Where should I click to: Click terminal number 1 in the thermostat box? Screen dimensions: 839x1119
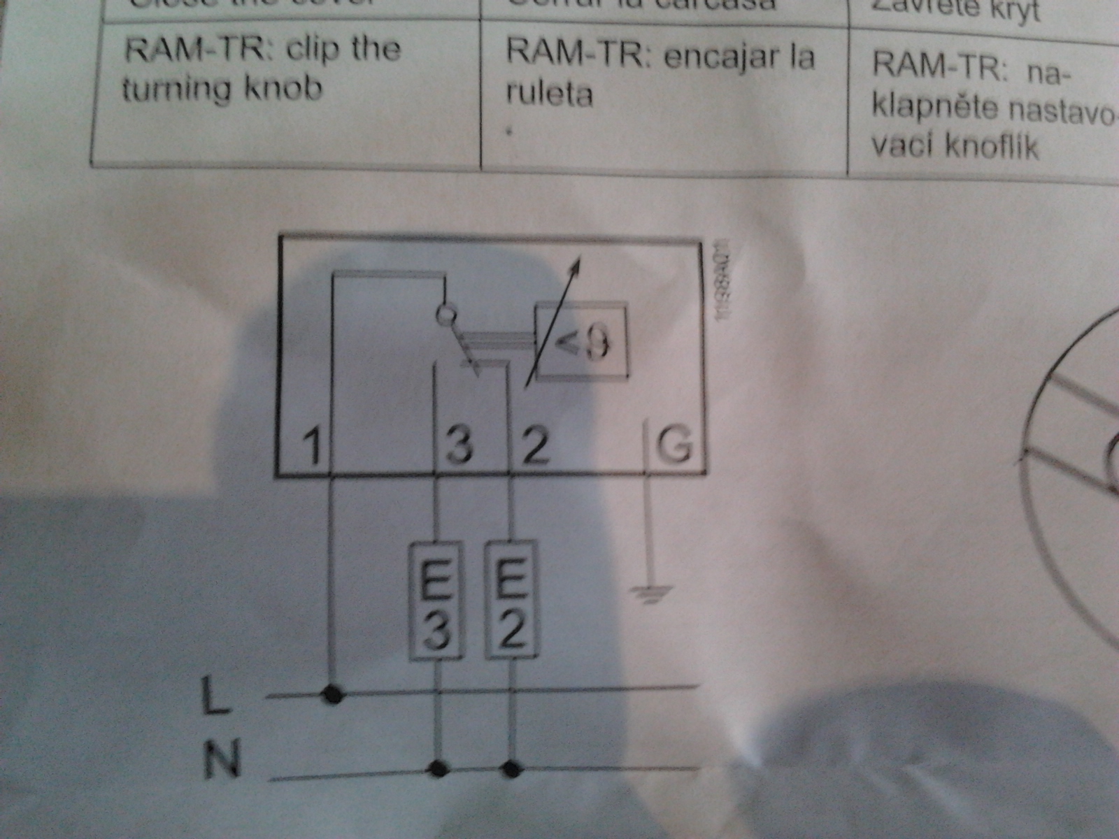point(313,446)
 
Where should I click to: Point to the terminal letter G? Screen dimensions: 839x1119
point(674,445)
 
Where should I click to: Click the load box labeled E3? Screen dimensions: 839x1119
point(436,601)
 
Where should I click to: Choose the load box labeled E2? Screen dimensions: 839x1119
point(512,601)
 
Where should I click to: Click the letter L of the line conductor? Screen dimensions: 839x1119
point(215,696)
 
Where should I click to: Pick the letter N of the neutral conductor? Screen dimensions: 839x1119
point(222,760)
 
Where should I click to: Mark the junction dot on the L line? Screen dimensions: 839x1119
point(333,695)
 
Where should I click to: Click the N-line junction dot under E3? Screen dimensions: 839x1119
point(439,769)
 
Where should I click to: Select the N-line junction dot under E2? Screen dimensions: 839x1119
point(513,770)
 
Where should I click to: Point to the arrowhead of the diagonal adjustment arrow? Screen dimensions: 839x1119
point(577,263)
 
